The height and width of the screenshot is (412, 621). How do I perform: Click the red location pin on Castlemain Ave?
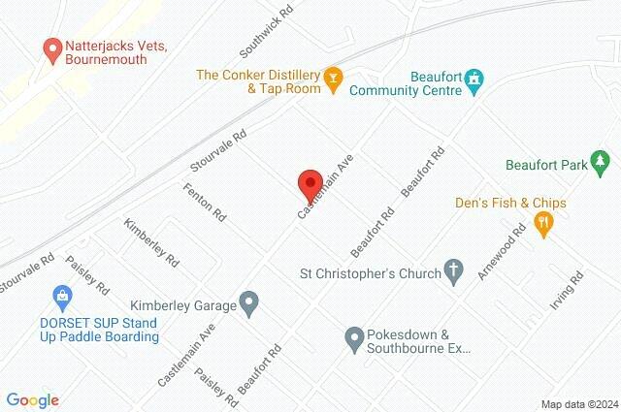tap(309, 182)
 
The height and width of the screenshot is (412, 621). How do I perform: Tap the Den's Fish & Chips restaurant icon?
tap(544, 223)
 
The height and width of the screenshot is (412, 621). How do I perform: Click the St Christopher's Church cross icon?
tap(453, 272)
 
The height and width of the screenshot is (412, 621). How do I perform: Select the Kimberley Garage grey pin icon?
tap(249, 304)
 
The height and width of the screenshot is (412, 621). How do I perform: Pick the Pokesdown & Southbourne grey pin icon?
tap(354, 337)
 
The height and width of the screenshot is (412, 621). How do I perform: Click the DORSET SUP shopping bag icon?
tap(62, 296)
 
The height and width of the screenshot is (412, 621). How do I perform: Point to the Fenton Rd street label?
tap(204, 202)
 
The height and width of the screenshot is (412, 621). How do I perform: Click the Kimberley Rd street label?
tap(151, 242)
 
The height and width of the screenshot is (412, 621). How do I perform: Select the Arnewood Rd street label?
tap(501, 251)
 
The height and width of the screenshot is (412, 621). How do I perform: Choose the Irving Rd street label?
tap(565, 291)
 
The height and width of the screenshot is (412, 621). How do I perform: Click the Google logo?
tap(32, 400)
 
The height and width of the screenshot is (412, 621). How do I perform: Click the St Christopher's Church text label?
tap(374, 272)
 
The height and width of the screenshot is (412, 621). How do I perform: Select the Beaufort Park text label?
tap(546, 165)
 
